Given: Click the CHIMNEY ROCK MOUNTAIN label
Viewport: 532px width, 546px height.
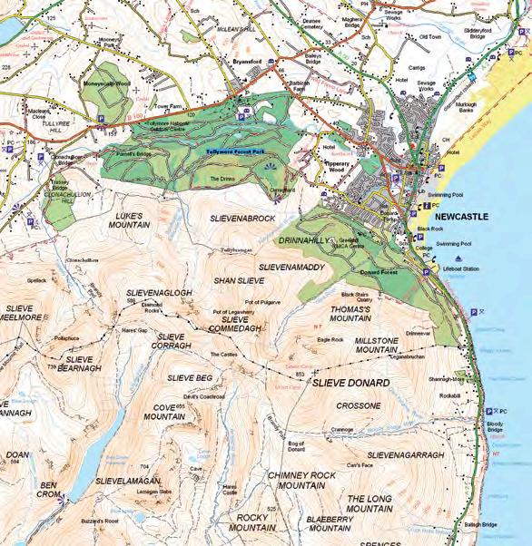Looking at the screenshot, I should click(302, 480).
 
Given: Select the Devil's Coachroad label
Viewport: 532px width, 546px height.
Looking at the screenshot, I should click(204, 396).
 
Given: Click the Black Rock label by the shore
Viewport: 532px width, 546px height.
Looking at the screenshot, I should click(430, 230).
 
